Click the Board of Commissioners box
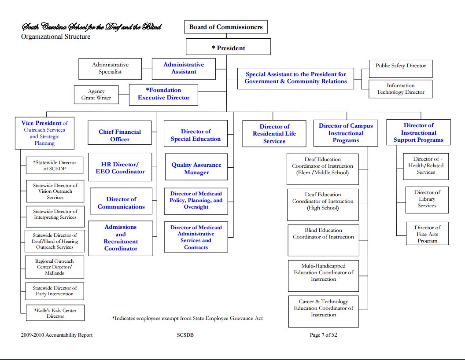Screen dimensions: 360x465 click(225, 27)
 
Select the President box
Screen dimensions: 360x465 click(228, 48)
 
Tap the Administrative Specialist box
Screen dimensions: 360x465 click(110, 68)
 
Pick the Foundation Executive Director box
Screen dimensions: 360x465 click(163, 94)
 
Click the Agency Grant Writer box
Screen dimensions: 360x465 click(96, 95)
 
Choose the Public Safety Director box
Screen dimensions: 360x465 click(400, 66)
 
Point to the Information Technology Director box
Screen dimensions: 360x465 click(400, 89)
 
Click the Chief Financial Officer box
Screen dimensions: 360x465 click(120, 135)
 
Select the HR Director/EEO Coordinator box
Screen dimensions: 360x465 click(120, 168)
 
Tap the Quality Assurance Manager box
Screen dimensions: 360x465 click(196, 169)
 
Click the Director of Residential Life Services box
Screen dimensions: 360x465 click(274, 134)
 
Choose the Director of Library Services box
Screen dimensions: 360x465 click(427, 199)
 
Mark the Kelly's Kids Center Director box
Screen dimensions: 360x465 click(55, 313)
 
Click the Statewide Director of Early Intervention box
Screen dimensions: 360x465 click(55, 291)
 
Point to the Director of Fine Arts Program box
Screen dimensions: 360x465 click(427, 234)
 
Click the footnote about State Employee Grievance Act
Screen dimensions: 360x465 click(188, 318)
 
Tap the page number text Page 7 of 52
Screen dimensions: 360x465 click(323, 335)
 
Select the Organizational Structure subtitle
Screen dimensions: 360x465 click(56, 37)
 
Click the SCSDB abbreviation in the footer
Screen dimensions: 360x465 click(185, 335)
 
